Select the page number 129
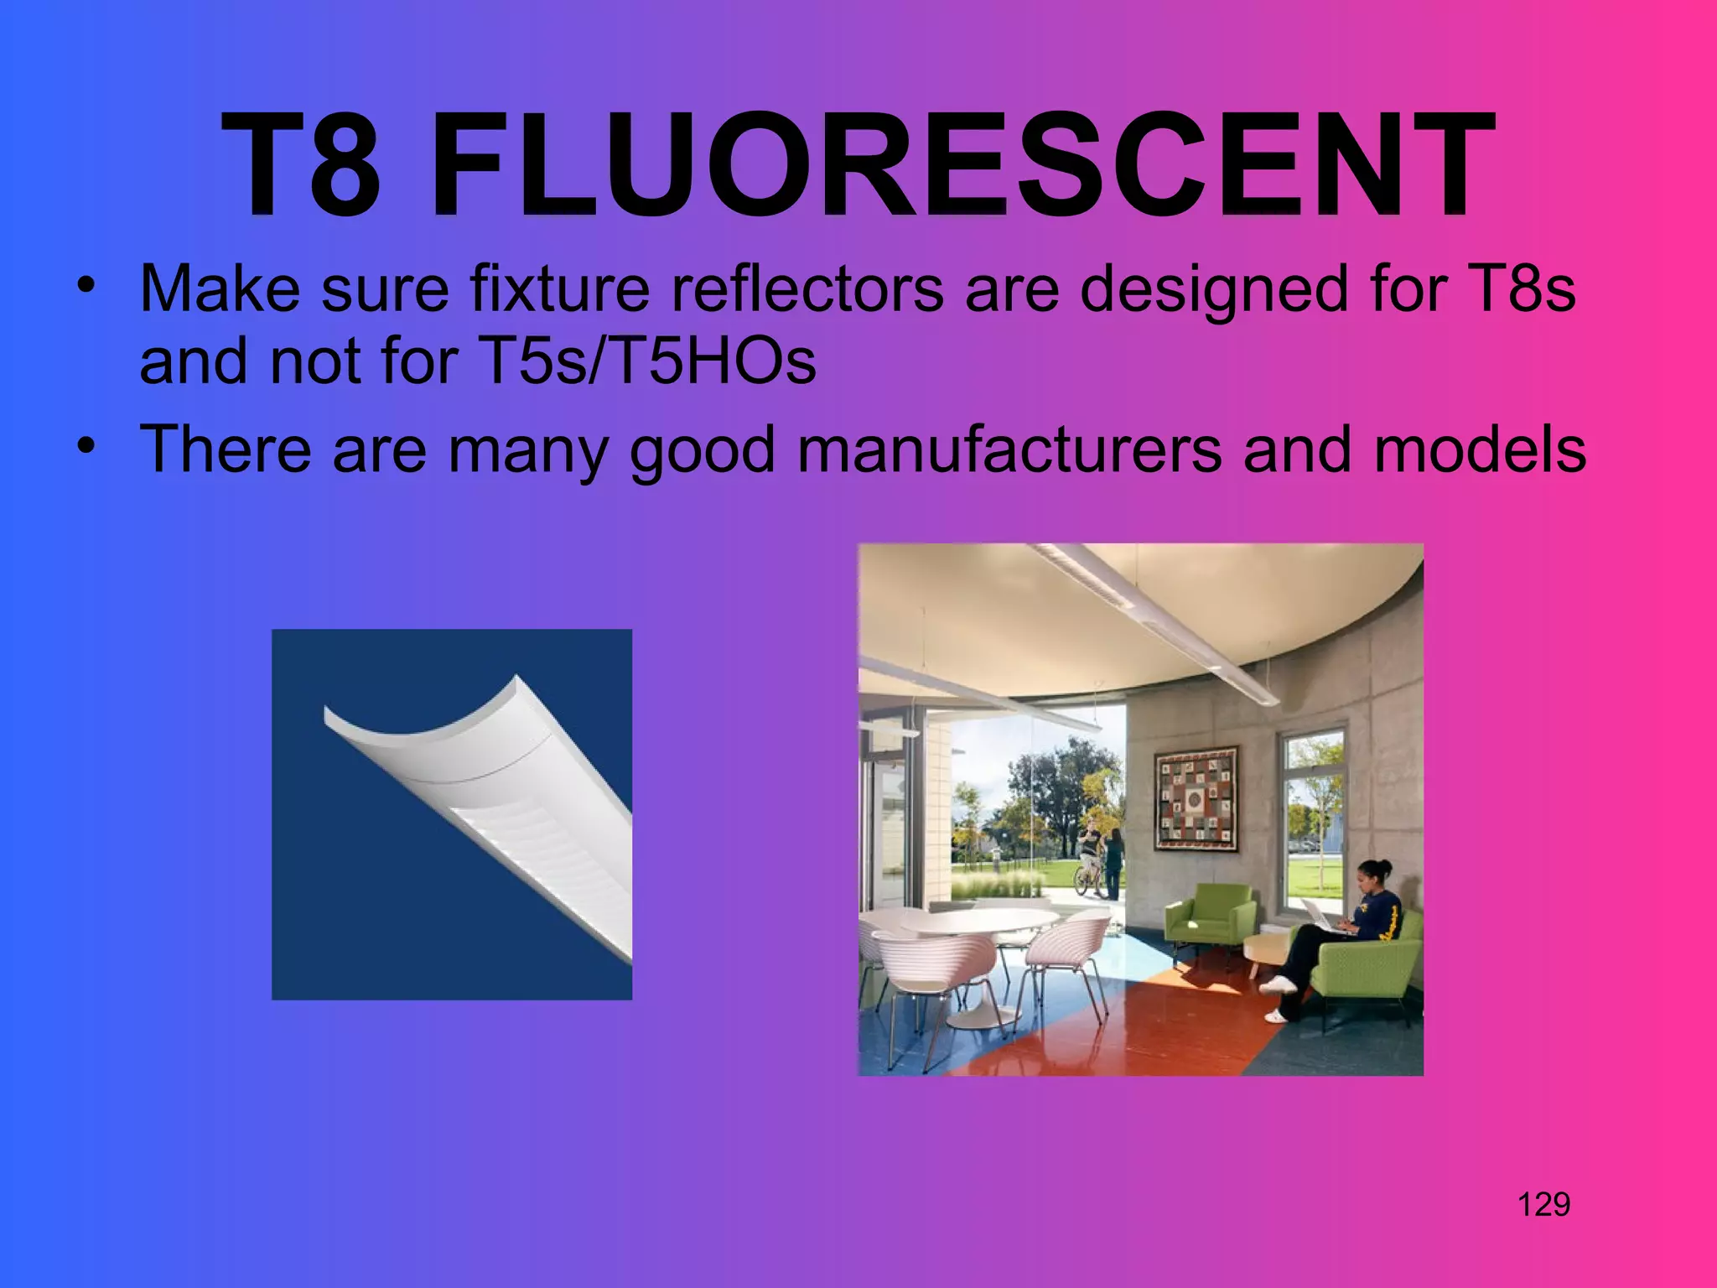[x=1543, y=1204]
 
